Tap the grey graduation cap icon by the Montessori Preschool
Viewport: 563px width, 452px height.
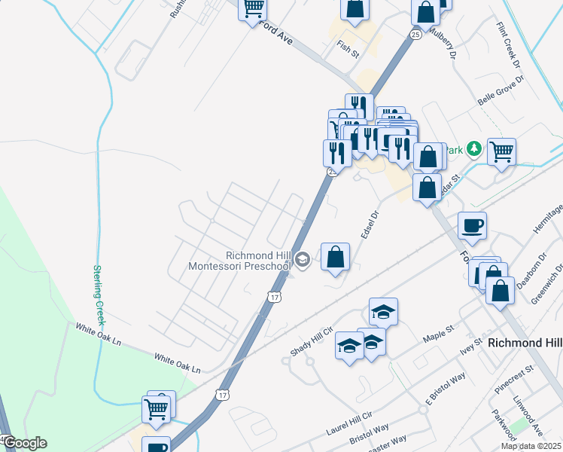pyautogui.click(x=303, y=260)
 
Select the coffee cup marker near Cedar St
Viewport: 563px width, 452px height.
pyautogui.click(x=472, y=225)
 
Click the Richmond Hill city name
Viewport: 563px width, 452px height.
pyautogui.click(x=525, y=342)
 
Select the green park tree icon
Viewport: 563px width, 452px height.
pyautogui.click(x=474, y=148)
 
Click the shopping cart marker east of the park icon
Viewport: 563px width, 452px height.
pyautogui.click(x=501, y=151)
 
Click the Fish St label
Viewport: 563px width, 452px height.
pyautogui.click(x=348, y=49)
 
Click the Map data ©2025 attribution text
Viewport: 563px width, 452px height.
pyautogui.click(x=531, y=446)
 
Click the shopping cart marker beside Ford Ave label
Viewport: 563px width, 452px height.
pyautogui.click(x=253, y=9)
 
